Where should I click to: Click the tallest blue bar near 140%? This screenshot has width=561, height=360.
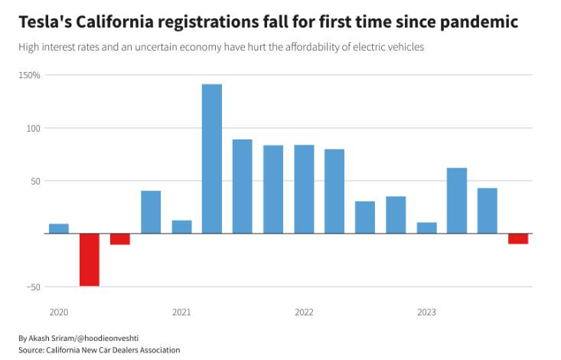tap(212, 159)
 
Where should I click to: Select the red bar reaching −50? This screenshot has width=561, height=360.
tap(90, 260)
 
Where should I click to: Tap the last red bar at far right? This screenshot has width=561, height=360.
tap(518, 239)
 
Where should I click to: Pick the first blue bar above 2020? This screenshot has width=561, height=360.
tap(59, 228)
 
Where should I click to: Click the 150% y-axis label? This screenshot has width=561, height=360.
tap(31, 75)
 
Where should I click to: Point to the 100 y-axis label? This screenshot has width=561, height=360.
tap(34, 128)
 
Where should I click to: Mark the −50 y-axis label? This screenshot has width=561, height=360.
tap(31, 286)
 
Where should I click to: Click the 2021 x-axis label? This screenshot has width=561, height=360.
tap(181, 313)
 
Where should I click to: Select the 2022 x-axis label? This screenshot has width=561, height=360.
tap(304, 313)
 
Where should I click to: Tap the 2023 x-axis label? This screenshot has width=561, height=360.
tap(426, 313)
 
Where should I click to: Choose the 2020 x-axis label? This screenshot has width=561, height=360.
tap(59, 313)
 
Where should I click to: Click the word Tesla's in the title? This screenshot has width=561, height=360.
tap(47, 22)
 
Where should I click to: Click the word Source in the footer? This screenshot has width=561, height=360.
tap(32, 350)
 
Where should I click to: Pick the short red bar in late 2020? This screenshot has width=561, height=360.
tap(120, 239)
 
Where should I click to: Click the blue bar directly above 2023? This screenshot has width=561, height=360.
tap(426, 228)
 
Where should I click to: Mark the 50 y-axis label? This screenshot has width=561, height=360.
tap(35, 181)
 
